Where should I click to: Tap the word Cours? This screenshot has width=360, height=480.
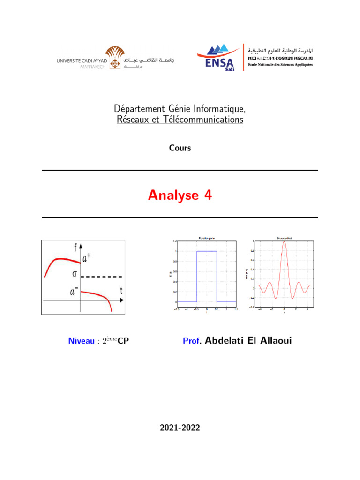[180, 148]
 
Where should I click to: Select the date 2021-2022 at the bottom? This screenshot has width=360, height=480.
[180, 427]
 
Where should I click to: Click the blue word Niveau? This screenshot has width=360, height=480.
[82, 341]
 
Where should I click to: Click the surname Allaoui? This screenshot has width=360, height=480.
[272, 341]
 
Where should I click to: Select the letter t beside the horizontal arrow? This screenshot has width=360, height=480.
[122, 291]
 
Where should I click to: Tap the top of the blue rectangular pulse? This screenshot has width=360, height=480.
[207, 252]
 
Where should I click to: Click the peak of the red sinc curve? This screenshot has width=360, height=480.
[284, 242]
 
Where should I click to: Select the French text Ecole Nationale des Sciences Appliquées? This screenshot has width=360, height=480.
[280, 65]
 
